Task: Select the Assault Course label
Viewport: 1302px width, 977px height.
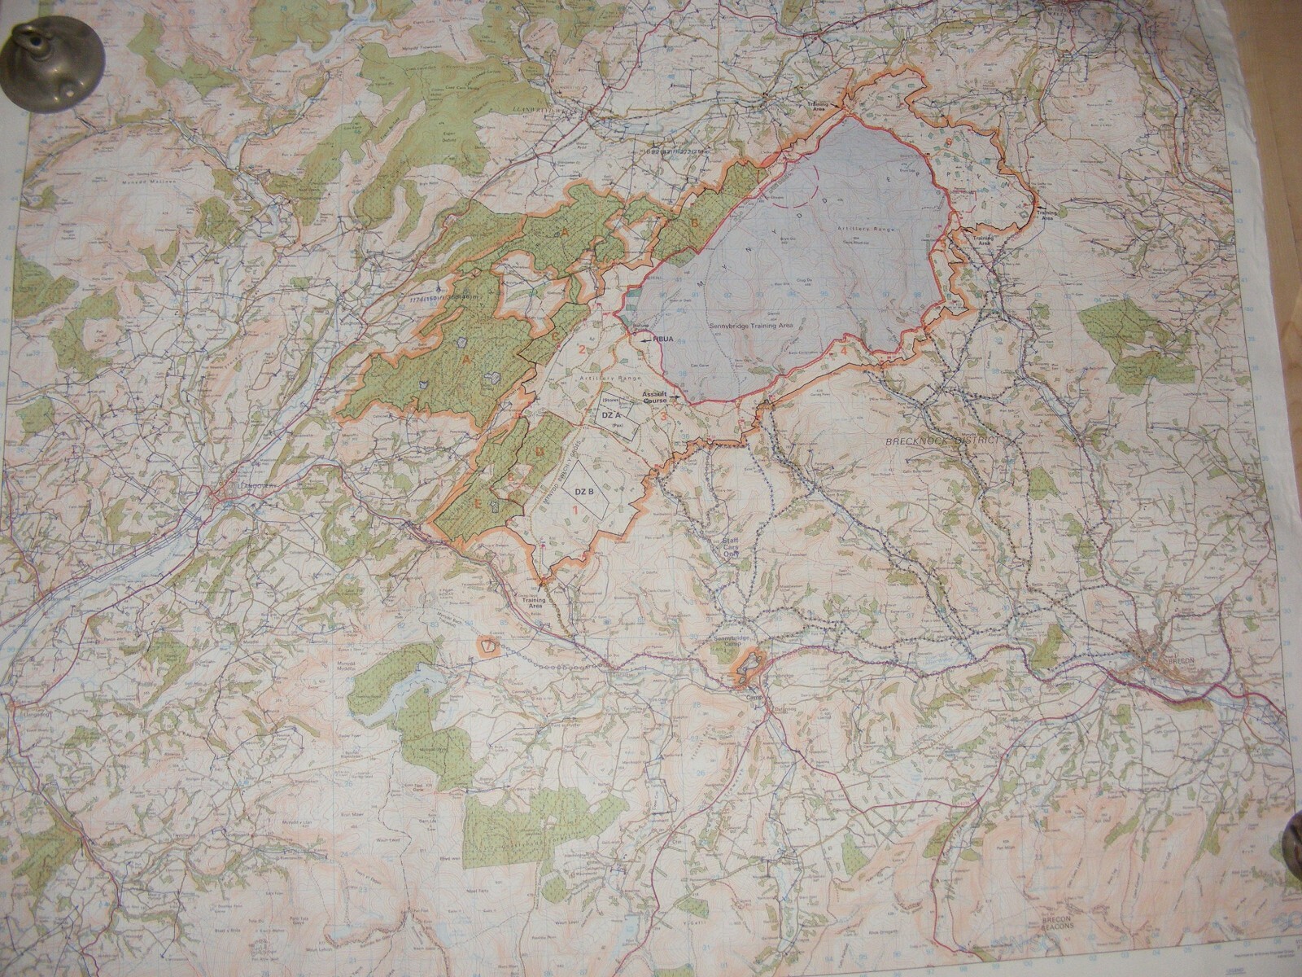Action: [x=654, y=397]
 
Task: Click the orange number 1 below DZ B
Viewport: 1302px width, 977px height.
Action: [x=576, y=509]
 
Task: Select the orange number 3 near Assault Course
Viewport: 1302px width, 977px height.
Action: [x=665, y=417]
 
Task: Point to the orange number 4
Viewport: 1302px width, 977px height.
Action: [x=845, y=350]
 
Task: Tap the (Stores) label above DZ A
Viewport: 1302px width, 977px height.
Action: [x=613, y=401]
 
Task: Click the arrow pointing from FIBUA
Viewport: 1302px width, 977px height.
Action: [x=646, y=343]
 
